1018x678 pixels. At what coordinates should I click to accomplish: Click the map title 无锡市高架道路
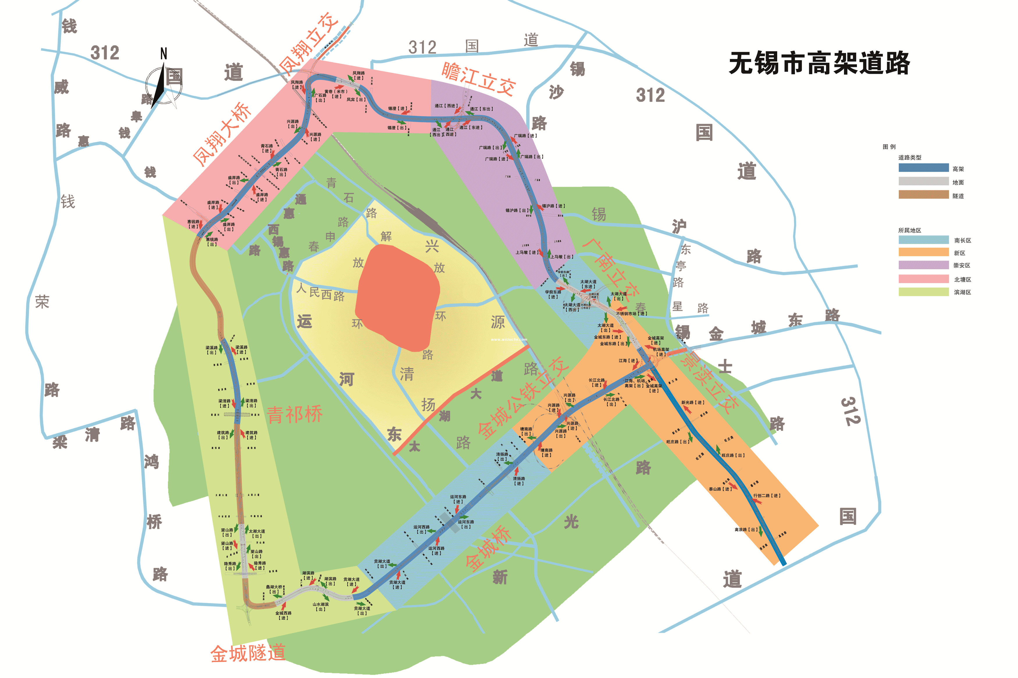tap(819, 63)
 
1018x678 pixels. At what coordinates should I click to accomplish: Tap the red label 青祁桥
tap(295, 415)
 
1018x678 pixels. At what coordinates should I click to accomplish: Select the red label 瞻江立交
tap(478, 78)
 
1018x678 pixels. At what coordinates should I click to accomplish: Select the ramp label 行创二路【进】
tap(766, 496)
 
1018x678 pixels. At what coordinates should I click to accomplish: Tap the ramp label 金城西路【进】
tap(284, 615)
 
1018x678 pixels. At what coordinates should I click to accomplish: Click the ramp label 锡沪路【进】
tap(554, 206)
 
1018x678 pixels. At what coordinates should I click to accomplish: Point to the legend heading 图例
tap(889, 147)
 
